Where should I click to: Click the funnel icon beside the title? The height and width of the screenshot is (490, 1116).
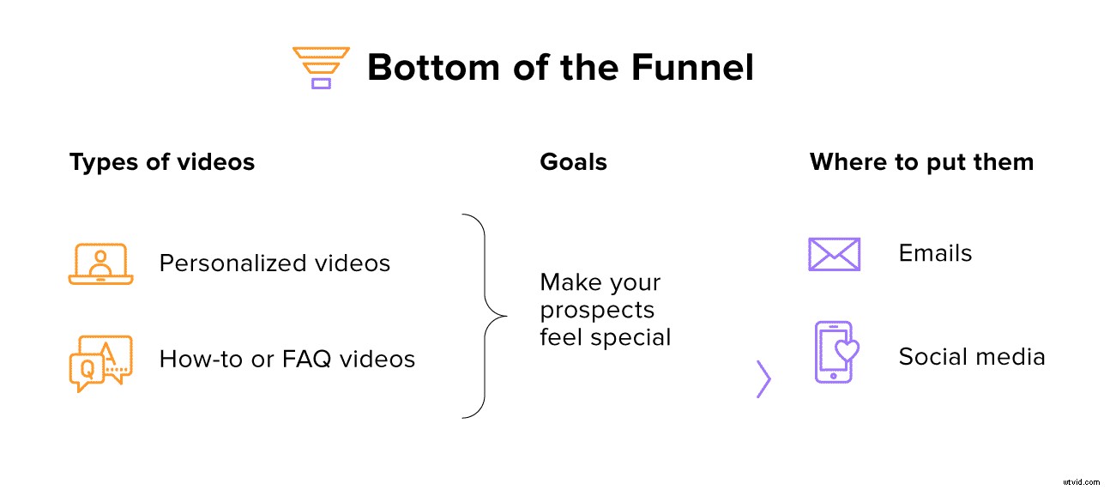pos(320,68)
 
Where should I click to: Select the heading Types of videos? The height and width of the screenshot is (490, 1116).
pos(162,162)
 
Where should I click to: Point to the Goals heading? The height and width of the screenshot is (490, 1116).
pos(573,162)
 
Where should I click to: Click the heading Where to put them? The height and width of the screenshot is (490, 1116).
pos(921,162)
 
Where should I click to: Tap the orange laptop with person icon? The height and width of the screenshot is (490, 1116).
pos(101,263)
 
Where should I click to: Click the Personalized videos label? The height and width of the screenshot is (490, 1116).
pos(274,263)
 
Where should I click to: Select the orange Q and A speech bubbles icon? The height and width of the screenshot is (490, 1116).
pos(101,363)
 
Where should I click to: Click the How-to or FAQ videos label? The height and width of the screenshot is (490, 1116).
pos(287,359)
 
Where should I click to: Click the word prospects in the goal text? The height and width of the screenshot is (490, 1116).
pos(597,310)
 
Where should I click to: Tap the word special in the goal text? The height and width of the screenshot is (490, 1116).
pos(636,337)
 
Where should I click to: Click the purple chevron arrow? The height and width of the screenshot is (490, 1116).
pos(763,379)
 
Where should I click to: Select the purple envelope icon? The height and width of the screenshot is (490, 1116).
pos(834,254)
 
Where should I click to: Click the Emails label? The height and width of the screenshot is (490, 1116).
pos(935,253)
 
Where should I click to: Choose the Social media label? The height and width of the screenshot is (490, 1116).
pos(972,357)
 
